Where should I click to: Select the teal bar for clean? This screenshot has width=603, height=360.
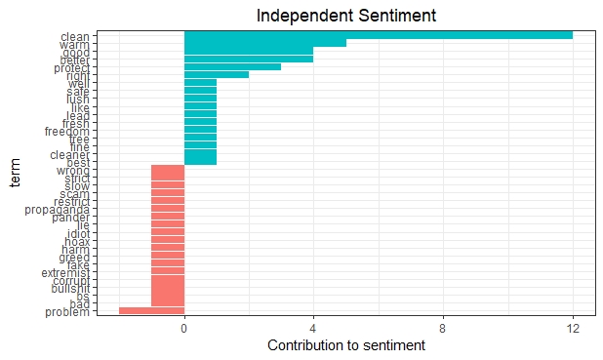(378, 36)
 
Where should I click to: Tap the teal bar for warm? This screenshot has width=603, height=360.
(264, 43)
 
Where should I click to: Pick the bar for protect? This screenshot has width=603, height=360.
(232, 66)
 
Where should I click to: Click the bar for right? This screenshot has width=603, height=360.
(216, 74)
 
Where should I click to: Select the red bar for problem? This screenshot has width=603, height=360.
(151, 310)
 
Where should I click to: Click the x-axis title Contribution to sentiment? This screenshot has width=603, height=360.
(345, 346)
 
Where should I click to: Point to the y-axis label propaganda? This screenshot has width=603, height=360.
(60, 209)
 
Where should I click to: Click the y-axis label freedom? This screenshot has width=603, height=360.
(66, 131)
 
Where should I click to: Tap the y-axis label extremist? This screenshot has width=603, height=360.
(65, 272)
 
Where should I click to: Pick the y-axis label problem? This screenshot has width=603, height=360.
(67, 311)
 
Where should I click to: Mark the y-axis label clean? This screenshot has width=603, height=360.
(74, 36)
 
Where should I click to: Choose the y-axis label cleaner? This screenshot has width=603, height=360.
(69, 154)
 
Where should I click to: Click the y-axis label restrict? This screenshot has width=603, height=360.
(70, 201)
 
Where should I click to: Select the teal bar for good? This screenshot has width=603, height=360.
(248, 51)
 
